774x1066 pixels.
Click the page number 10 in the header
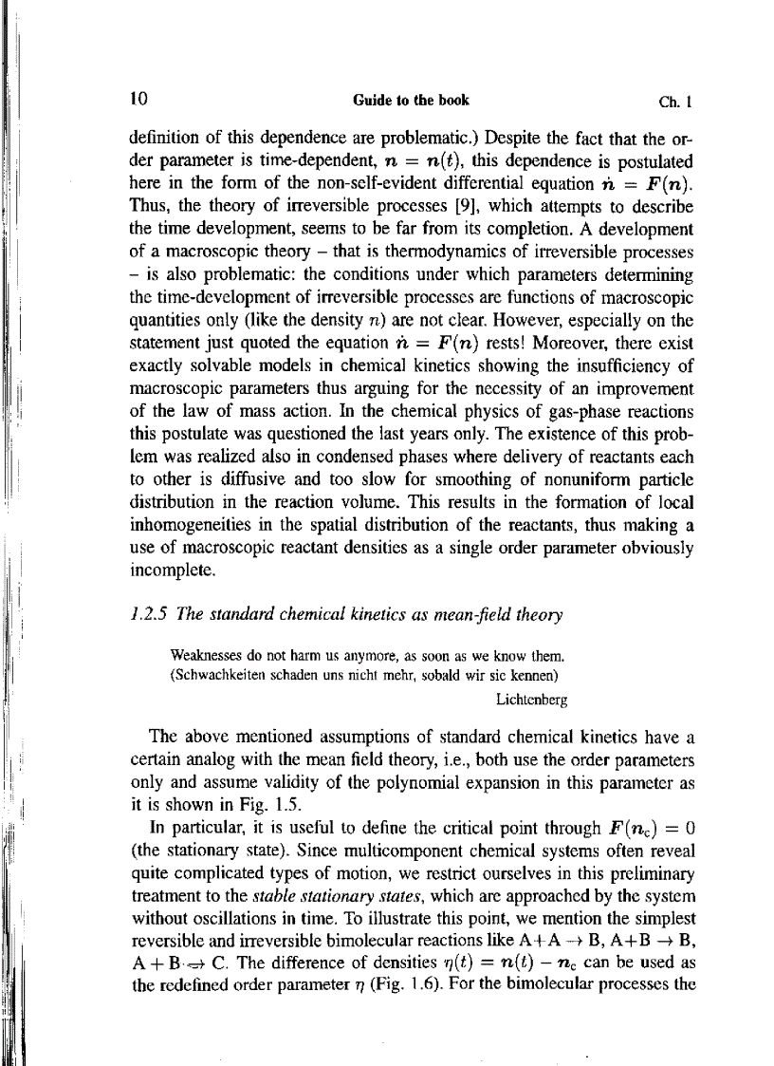(140, 98)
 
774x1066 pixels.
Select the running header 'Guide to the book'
(411, 99)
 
